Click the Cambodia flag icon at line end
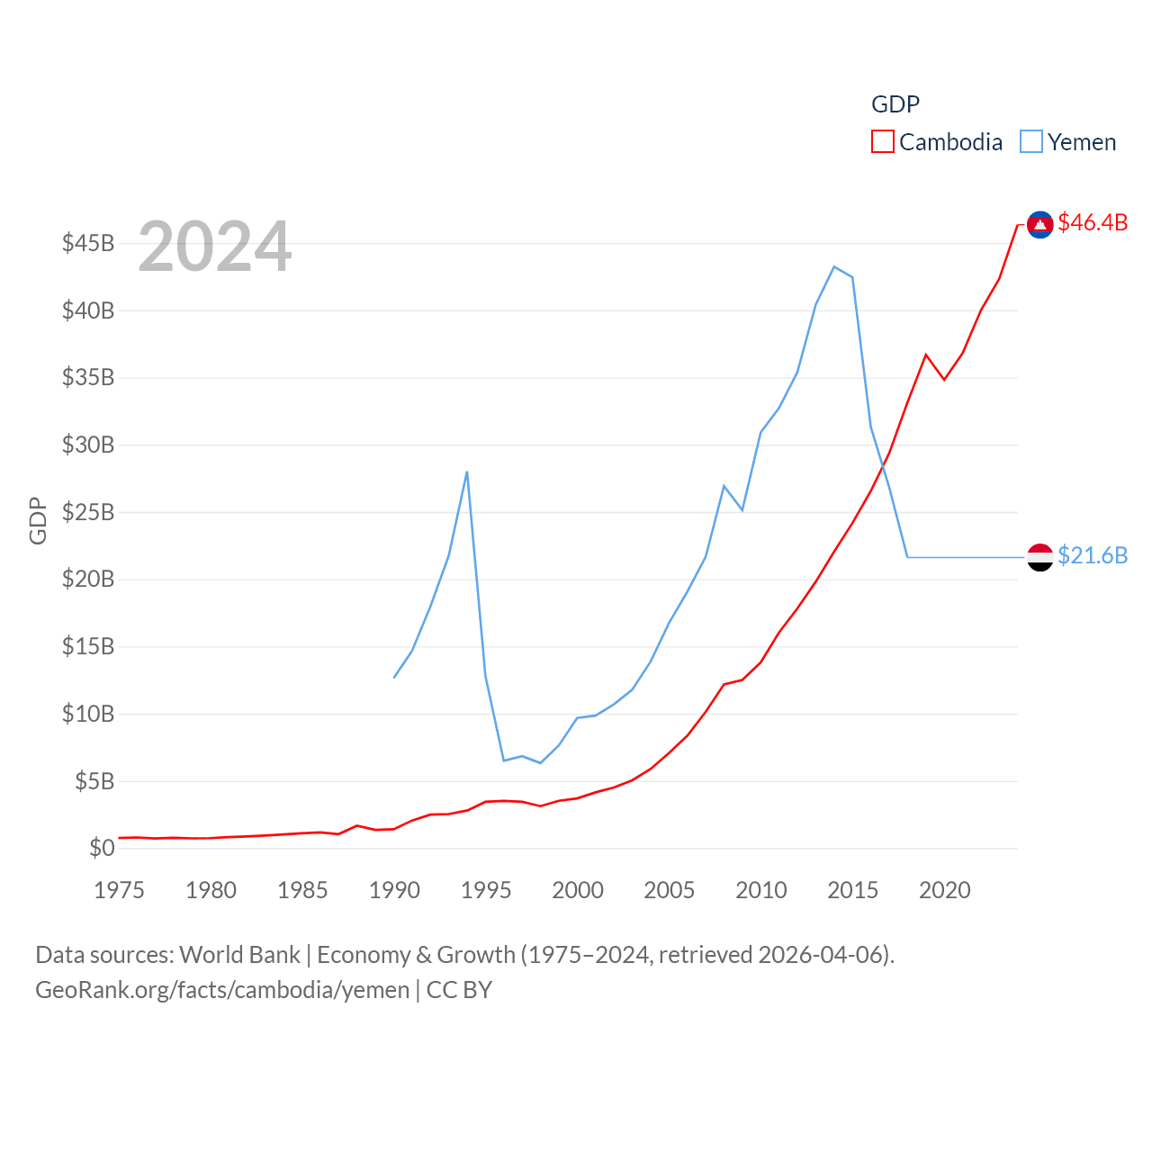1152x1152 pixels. (x=1040, y=224)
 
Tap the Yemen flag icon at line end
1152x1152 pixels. (x=1040, y=557)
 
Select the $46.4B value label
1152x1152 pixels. (x=1093, y=222)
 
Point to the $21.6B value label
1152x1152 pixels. (x=1093, y=555)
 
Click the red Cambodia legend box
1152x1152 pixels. (x=882, y=142)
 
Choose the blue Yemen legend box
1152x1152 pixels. (x=1031, y=142)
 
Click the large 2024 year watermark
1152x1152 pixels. (x=215, y=246)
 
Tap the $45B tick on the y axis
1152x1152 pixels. (x=88, y=243)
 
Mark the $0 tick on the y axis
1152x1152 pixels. (x=102, y=848)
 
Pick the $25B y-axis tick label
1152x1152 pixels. (x=88, y=512)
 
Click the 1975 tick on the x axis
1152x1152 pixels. (x=119, y=890)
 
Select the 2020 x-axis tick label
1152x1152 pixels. (x=944, y=890)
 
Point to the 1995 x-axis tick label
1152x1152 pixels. (x=486, y=890)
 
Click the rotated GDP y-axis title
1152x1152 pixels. (x=38, y=520)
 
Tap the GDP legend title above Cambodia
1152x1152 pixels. (x=895, y=104)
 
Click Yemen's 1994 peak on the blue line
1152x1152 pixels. (x=467, y=472)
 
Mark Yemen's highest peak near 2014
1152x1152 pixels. (x=834, y=266)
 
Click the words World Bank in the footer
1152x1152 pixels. (x=239, y=954)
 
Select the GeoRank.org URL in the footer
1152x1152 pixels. (x=222, y=990)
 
